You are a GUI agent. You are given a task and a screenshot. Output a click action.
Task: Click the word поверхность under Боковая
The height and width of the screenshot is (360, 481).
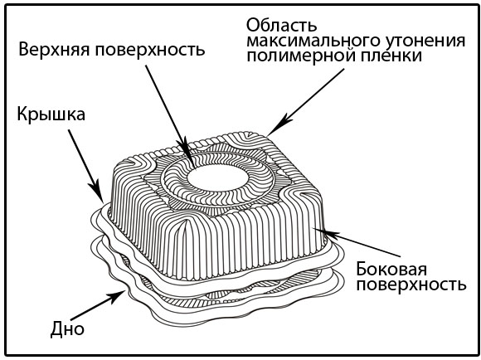(411, 286)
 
